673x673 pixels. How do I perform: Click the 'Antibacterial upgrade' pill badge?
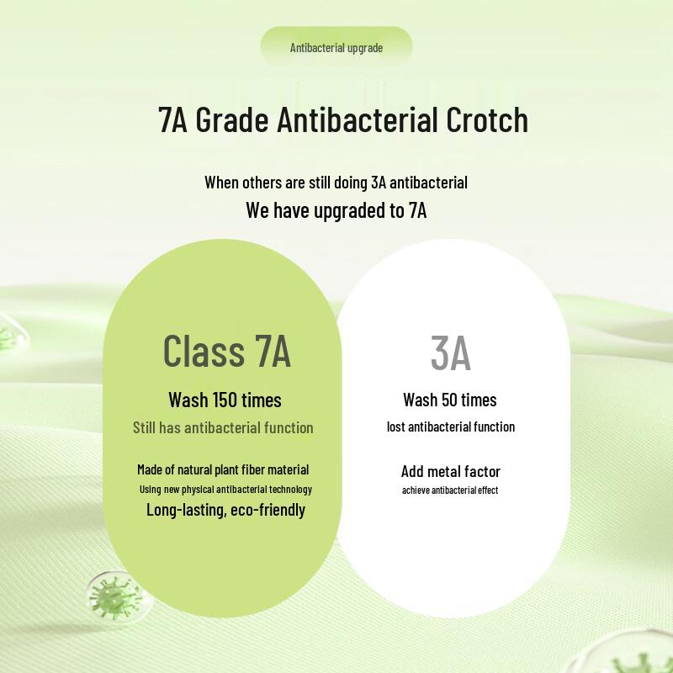pos(336,47)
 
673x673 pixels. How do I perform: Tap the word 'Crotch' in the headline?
pos(487,119)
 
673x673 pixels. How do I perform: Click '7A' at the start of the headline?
pos(172,119)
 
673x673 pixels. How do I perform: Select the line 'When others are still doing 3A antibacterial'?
pos(336,182)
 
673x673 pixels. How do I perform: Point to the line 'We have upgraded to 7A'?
pos(336,209)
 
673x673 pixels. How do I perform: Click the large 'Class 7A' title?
pos(226,351)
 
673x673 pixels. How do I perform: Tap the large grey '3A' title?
pos(450,353)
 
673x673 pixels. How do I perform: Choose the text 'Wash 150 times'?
pos(225,400)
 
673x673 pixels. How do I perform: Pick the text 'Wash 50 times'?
pos(450,400)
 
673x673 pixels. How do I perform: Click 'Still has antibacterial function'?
pos(223,427)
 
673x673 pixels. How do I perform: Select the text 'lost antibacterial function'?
pos(450,427)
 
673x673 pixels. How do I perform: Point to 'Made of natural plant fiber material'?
pos(223,469)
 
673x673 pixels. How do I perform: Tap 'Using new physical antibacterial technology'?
pos(225,490)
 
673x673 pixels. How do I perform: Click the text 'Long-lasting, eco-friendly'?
pos(225,510)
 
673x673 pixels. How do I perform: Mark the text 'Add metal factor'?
pos(450,471)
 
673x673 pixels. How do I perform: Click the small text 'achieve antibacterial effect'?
pos(450,490)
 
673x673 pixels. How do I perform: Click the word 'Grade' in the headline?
pos(232,119)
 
